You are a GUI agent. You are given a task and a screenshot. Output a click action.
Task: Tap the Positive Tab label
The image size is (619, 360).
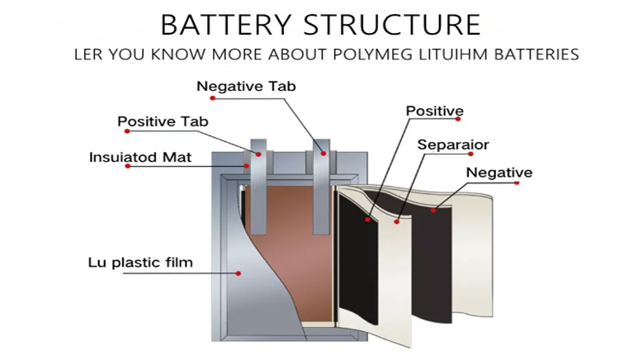click(x=163, y=121)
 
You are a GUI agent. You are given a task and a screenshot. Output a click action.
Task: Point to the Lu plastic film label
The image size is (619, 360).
click(x=140, y=263)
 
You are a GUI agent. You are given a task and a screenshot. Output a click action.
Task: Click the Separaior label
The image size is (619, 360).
click(x=453, y=144)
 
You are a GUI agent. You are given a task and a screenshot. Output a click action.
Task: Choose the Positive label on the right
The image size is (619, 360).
click(x=434, y=111)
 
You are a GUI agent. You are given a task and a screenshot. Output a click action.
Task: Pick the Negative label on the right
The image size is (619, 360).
click(x=499, y=173)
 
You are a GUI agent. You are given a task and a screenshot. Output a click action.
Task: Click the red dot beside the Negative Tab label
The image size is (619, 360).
click(x=212, y=98)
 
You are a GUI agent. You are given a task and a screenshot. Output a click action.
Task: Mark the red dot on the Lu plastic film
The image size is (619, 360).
click(x=238, y=272)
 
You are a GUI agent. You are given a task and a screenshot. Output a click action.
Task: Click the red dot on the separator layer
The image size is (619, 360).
click(x=397, y=221)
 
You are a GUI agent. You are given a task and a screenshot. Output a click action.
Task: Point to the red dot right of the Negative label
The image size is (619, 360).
click(x=517, y=182)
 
